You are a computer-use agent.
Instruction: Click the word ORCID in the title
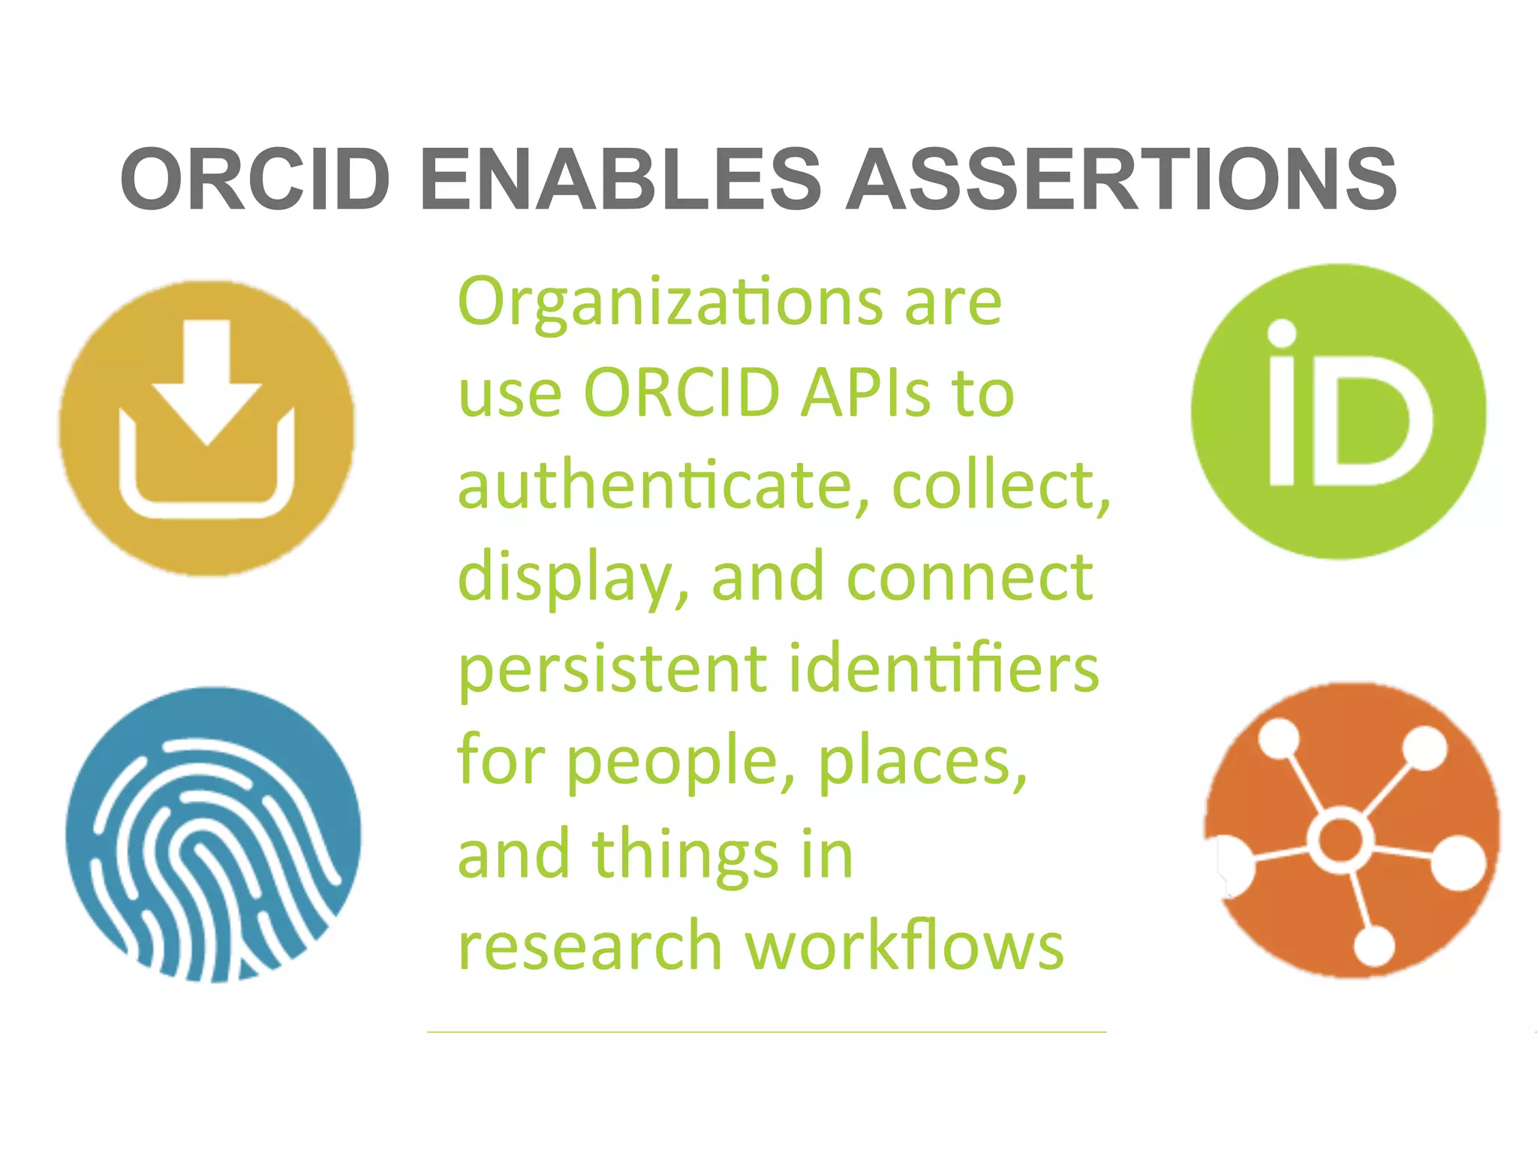255,179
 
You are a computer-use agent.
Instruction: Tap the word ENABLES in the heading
621,179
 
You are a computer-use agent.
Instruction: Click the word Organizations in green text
670,303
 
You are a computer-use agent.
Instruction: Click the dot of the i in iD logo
1282,333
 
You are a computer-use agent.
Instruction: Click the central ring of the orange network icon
1340,840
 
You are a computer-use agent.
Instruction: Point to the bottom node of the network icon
1373,946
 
